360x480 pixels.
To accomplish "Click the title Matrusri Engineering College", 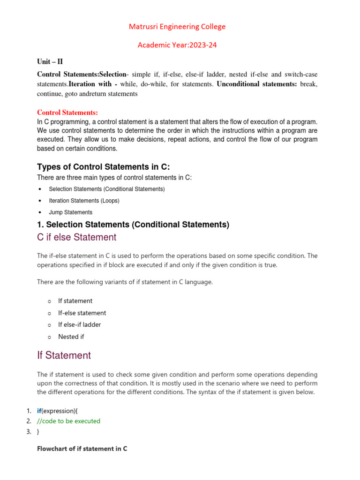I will pyautogui.click(x=177, y=27).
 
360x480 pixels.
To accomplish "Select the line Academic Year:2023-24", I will pyautogui.click(x=177, y=45).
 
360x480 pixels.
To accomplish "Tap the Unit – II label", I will pyautogui.click(x=50, y=62).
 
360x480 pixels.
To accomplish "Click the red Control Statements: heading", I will pyautogui.click(x=67, y=112).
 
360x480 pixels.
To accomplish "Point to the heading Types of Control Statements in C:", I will pyautogui.click(x=104, y=167).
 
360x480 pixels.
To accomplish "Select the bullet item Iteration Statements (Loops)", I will pyautogui.click(x=84, y=201).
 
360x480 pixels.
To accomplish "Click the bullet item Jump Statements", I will pyautogui.click(x=70, y=212).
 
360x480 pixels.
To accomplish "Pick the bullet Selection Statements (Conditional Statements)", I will pyautogui.click(x=106, y=189).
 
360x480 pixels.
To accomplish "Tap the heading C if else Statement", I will pyautogui.click(x=76, y=237).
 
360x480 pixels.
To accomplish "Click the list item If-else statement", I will pyautogui.click(x=82, y=313).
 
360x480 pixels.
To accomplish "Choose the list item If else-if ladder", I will pyautogui.click(x=79, y=324).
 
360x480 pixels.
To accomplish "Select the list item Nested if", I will pyautogui.click(x=71, y=337).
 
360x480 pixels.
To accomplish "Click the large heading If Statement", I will pyautogui.click(x=64, y=355).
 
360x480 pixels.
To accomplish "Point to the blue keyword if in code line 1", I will pyautogui.click(x=39, y=411).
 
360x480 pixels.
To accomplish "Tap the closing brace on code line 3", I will pyautogui.click(x=38, y=432).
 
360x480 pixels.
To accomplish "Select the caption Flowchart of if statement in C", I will pyautogui.click(x=82, y=449).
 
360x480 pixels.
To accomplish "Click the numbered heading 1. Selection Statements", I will pyautogui.click(x=133, y=225).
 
